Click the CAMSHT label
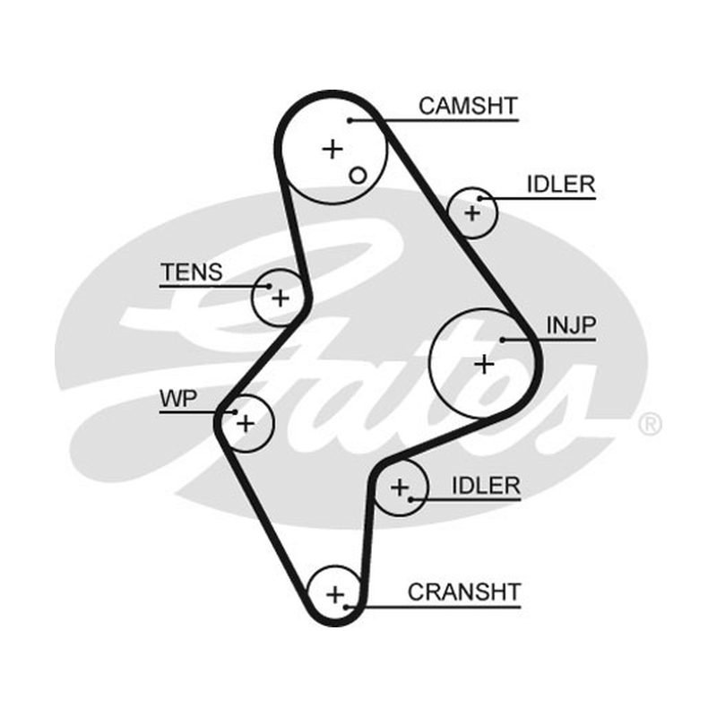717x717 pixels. pos(468,106)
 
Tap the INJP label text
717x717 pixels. pos(571,325)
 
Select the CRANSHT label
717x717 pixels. pos(464,592)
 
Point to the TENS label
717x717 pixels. pos(192,272)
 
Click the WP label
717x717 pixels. pos(178,399)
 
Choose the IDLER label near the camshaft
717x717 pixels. pos(561,185)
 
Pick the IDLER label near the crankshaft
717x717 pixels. pos(486,486)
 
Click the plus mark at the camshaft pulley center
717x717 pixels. pos(333,149)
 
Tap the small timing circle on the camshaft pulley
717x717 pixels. pos(358,176)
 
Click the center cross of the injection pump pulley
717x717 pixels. pos(484,365)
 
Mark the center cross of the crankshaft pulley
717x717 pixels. pos(335,595)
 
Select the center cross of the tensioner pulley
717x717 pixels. pos(281,298)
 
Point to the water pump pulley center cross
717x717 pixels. pos(246,423)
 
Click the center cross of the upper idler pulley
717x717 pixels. pos(472,213)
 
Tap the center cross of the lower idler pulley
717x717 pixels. pos(400,488)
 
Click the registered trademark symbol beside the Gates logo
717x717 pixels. pos(650,424)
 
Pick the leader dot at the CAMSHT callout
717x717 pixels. pos(350,120)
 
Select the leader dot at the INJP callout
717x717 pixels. pos(502,340)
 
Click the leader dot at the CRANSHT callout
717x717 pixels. pos(346,608)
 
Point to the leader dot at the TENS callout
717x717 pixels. pos(270,287)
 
